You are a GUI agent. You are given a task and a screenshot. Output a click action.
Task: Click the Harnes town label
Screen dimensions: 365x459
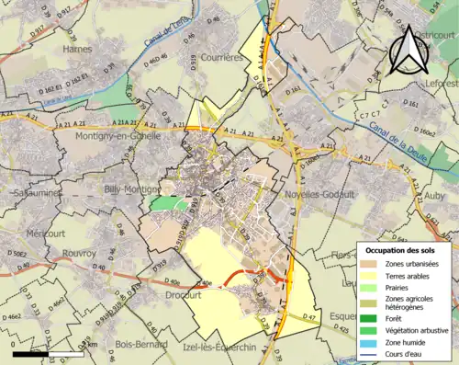(77, 49)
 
